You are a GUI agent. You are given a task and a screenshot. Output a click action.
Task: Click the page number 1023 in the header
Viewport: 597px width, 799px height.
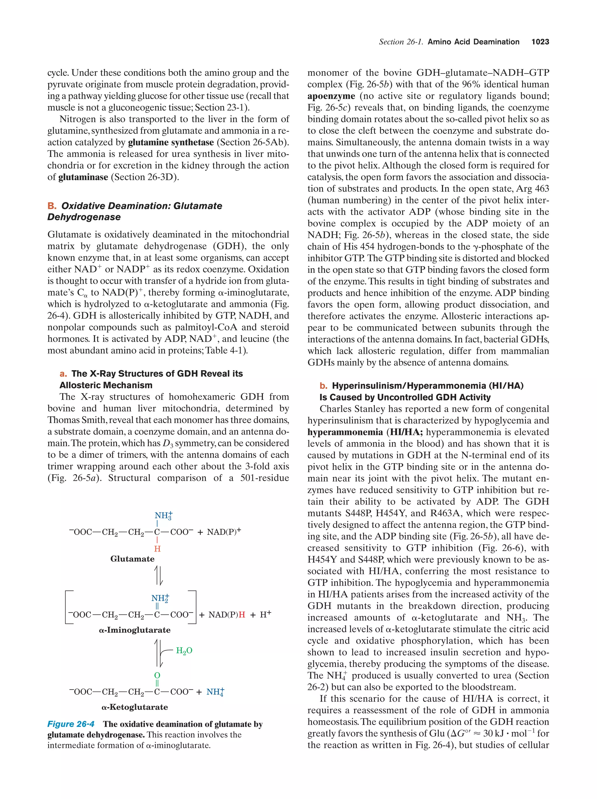540,42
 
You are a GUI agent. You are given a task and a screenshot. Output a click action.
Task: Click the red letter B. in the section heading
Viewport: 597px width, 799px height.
52,206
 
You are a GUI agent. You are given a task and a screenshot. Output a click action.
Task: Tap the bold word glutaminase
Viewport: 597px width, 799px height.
83,177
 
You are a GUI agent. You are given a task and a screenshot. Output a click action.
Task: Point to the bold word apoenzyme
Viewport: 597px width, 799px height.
331,96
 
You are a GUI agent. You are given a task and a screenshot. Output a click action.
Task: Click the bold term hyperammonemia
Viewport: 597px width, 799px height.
345,432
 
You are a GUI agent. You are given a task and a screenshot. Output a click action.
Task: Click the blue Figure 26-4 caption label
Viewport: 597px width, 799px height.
71,724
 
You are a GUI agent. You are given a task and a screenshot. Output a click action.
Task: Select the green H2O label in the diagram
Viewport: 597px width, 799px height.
184,651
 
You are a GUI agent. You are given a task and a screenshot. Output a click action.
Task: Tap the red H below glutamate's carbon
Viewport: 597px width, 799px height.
157,549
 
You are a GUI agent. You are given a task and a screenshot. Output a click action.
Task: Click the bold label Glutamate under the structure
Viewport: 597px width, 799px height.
132,559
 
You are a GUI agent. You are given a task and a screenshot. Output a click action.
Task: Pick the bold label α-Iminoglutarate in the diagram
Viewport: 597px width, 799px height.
134,630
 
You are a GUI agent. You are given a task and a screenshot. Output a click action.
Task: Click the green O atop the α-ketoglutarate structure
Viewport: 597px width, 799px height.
157,675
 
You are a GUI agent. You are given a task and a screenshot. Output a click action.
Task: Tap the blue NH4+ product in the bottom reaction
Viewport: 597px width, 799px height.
215,692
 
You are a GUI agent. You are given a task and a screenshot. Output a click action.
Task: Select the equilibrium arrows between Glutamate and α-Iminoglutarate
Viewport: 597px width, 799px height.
158,575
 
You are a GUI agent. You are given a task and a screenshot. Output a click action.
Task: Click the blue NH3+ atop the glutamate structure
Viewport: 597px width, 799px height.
163,515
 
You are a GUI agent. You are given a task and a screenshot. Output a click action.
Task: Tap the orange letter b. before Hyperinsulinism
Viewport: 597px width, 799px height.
323,386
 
